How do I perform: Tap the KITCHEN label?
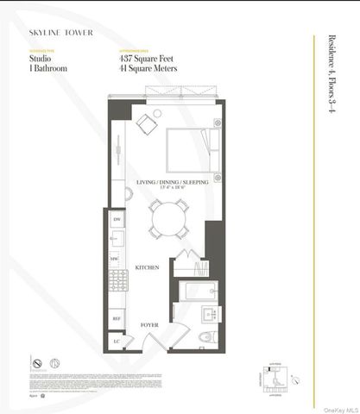coord(147,267)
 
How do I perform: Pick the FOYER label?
coord(151,324)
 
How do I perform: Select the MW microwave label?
coord(115,257)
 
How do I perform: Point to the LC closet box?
coord(117,340)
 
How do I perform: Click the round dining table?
coord(165,221)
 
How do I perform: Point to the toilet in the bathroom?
coord(209,336)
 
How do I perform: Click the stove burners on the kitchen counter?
coord(114,279)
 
